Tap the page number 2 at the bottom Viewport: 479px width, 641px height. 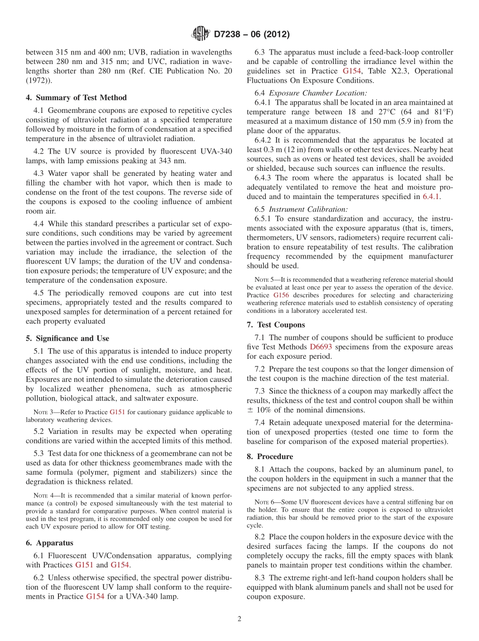coord(239,619)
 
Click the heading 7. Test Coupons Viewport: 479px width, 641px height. coord(276,325)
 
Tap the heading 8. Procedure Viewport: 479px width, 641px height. coord(270,457)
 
